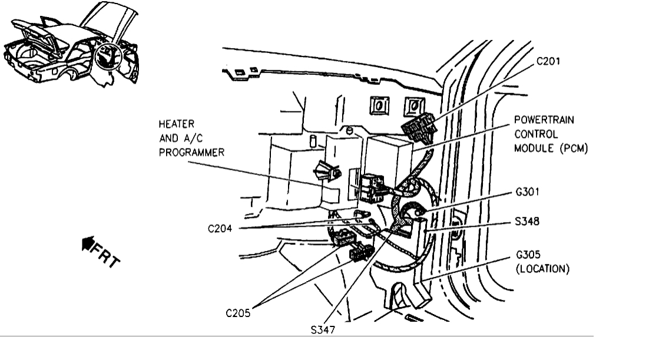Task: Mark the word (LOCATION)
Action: click(540, 269)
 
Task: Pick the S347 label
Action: click(323, 331)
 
